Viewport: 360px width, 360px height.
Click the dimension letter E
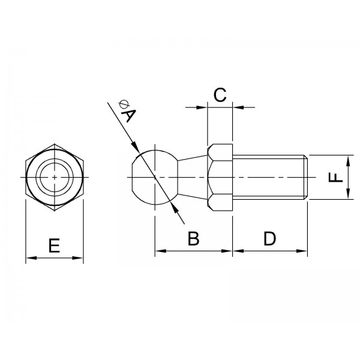[55, 245]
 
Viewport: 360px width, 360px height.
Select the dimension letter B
[194, 238]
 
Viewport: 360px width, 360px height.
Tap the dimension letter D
[269, 238]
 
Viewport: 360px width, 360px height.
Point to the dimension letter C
[220, 95]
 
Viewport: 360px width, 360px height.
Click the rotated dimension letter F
[336, 178]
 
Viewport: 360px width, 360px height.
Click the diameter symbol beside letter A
[124, 104]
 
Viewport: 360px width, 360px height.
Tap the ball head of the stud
[155, 177]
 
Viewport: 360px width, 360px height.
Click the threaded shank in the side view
[270, 177]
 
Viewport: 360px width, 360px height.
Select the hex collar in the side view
[220, 177]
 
